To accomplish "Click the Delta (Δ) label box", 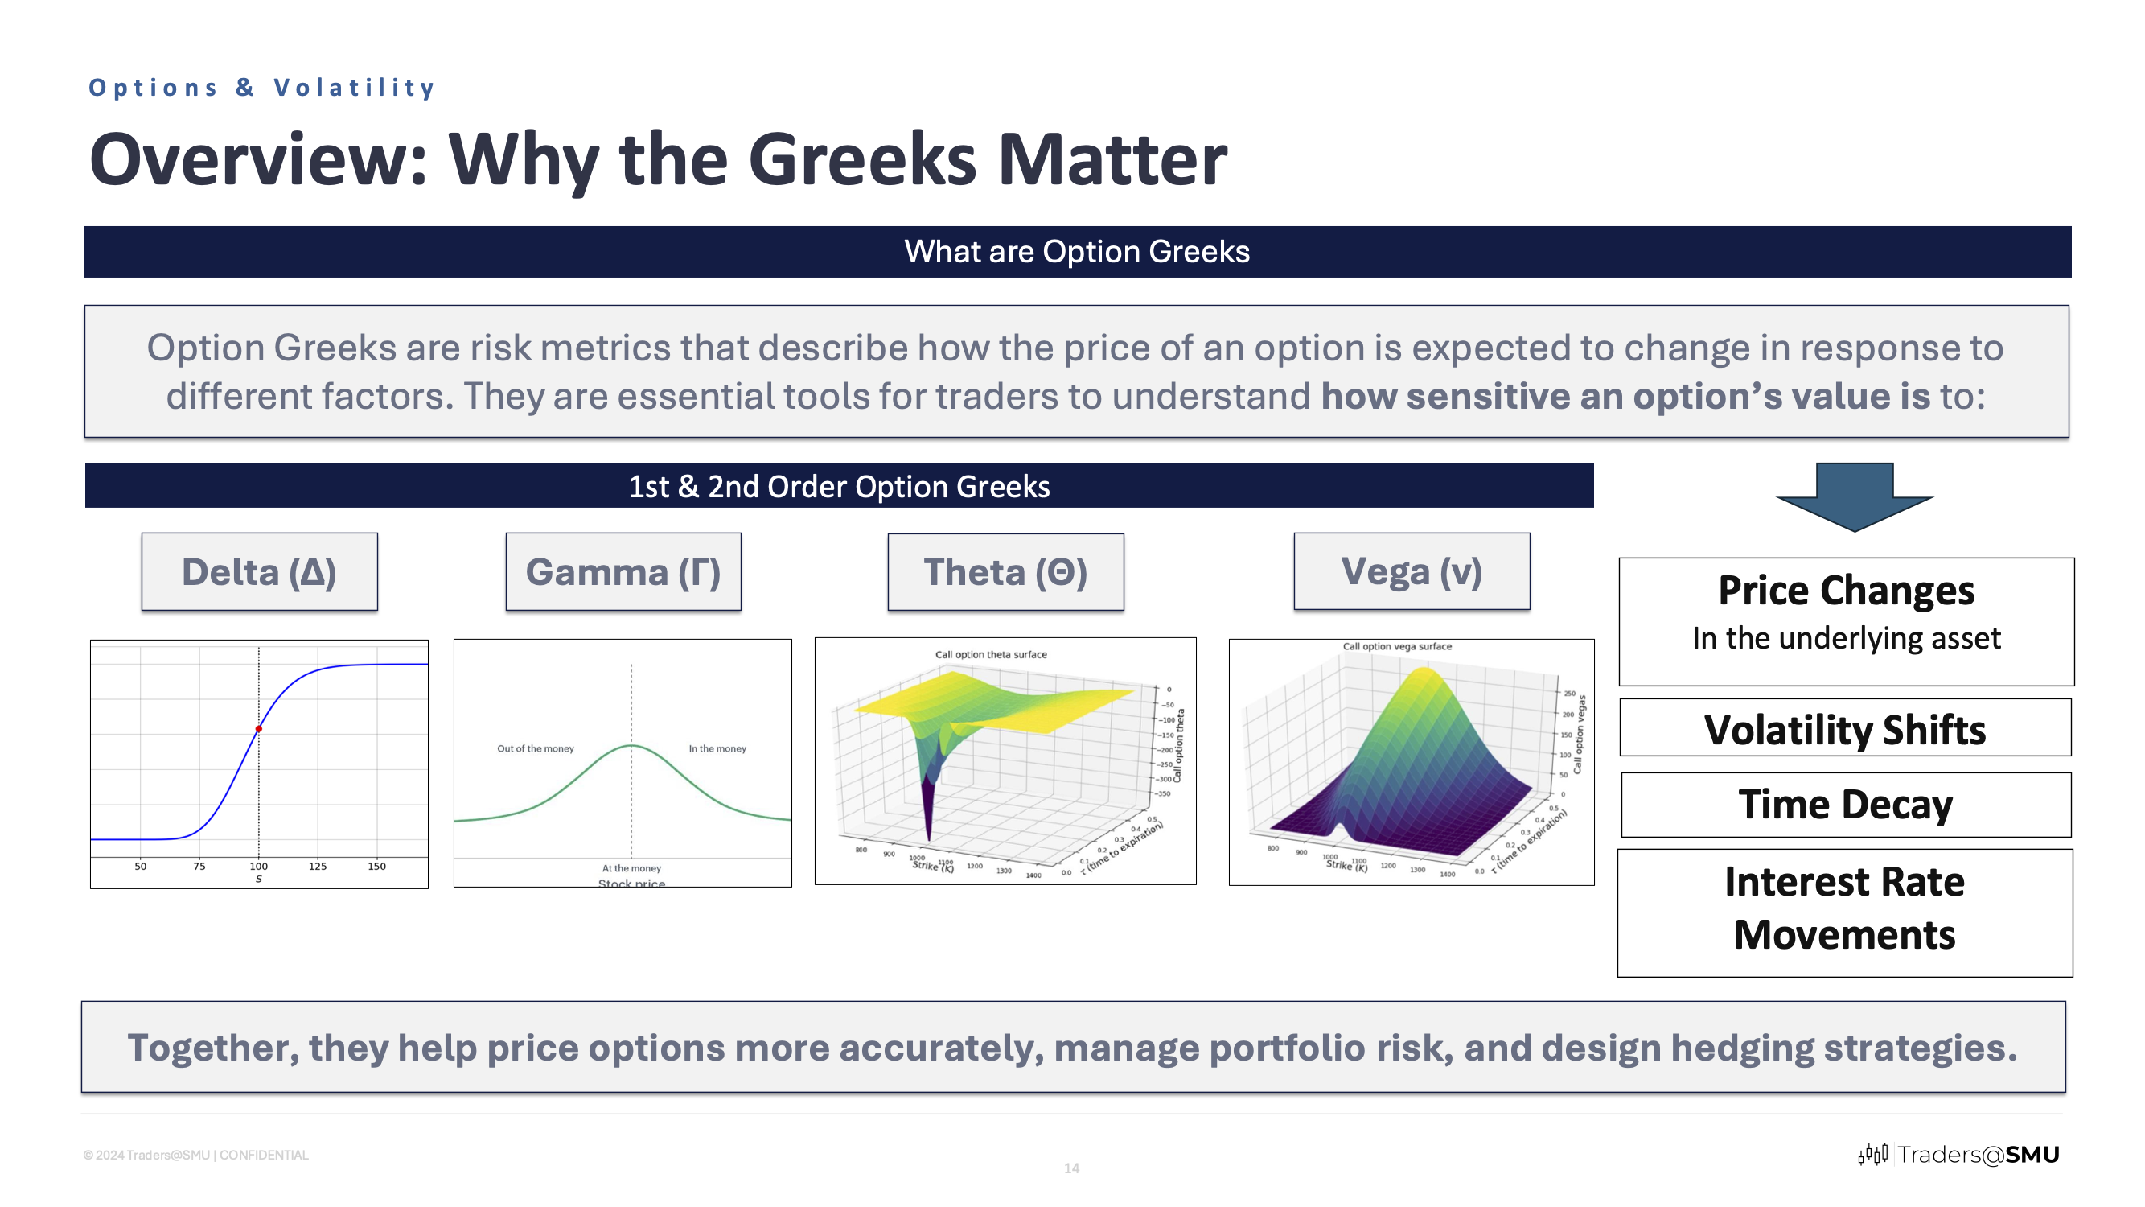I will (259, 572).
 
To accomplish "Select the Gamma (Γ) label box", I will (623, 572).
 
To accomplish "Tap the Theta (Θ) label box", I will (1005, 572).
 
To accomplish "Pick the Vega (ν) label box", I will (1412, 571).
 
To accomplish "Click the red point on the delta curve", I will (259, 729).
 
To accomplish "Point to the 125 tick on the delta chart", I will (317, 867).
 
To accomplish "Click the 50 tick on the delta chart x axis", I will (141, 867).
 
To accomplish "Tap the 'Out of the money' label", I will (536, 749).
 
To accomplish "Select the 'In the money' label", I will (717, 749).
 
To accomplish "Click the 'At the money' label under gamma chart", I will (631, 868).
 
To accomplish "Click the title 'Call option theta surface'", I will (991, 655).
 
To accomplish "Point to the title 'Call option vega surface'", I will (1396, 646).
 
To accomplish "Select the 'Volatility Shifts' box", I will (1844, 729).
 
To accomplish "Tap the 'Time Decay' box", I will (1845, 805).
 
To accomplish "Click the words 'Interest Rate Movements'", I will (1844, 908).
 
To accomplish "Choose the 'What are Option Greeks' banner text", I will (1077, 252).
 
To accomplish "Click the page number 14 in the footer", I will (1071, 1168).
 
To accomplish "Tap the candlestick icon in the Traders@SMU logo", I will (1872, 1155).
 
